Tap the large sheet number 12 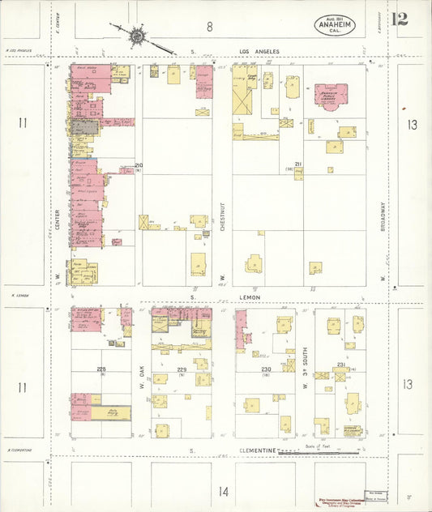coord(400,19)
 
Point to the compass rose coord(137,36)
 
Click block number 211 coord(298,165)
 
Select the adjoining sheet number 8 coord(210,26)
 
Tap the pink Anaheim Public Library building coord(331,96)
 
